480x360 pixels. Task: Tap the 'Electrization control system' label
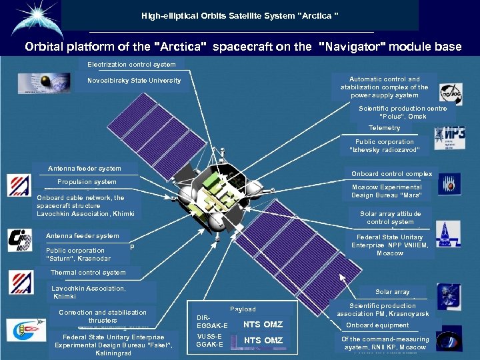pos(131,65)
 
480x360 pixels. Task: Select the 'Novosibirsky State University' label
pos(134,81)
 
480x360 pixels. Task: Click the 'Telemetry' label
pos(384,128)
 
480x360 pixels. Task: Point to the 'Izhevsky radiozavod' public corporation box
pos(384,146)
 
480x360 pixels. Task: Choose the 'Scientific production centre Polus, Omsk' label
pos(402,112)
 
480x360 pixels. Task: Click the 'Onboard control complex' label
pos(391,174)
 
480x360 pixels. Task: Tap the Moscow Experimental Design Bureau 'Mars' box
pos(386,191)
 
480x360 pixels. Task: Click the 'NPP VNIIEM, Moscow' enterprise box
pos(389,245)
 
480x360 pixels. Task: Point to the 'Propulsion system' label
pos(87,182)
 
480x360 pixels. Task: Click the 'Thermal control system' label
pos(88,272)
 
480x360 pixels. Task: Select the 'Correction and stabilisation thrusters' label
pos(102,316)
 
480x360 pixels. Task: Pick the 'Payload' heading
pos(243,309)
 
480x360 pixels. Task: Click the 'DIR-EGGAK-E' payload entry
pos(212,321)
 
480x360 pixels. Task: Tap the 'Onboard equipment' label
pos(377,325)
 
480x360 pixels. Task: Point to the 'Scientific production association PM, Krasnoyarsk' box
pos(382,310)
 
